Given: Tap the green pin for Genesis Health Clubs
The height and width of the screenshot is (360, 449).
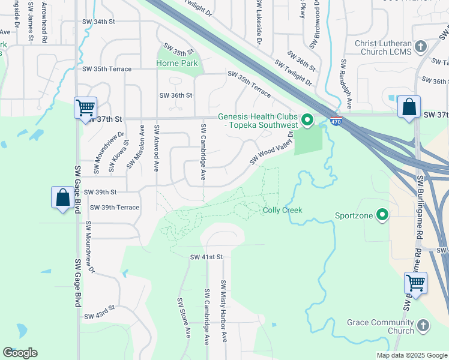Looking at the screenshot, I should pyautogui.click(x=307, y=121).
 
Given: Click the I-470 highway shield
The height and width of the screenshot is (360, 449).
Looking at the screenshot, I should pyautogui.click(x=336, y=121).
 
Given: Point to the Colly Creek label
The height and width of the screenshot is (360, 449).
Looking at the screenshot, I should pyautogui.click(x=282, y=210).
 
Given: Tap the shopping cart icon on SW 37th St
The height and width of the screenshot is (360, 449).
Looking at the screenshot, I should pyautogui.click(x=85, y=109).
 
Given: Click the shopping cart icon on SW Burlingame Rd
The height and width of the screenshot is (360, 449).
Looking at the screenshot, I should pyautogui.click(x=415, y=282).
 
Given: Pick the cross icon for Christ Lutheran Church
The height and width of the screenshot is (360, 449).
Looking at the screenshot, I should pyautogui.click(x=420, y=46).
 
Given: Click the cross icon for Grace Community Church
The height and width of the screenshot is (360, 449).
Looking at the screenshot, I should pyautogui.click(x=423, y=325).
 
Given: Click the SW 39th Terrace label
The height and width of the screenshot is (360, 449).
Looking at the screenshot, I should pyautogui.click(x=114, y=208).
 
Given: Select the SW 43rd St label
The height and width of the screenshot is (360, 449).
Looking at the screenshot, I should pyautogui.click(x=99, y=316).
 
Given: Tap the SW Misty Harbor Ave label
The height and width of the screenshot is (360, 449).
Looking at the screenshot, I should pyautogui.click(x=223, y=311).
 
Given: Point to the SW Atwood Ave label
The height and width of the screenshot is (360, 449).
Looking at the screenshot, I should pyautogui.click(x=157, y=148).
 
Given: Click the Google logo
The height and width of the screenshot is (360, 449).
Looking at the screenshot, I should pyautogui.click(x=20, y=353).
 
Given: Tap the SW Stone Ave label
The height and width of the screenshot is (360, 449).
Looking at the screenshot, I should pyautogui.click(x=182, y=318).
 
